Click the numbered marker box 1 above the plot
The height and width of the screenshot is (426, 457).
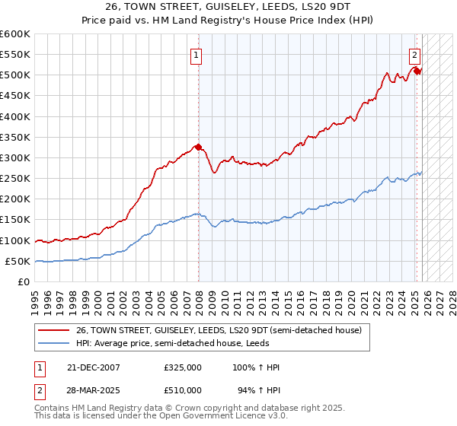pos(197,55)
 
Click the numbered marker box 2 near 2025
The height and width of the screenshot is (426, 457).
pos(414,55)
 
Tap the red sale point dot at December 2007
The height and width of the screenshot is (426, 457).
pos(199,147)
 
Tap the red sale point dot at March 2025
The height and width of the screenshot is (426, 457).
pos(417,71)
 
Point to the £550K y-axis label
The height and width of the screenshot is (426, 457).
pos(15,55)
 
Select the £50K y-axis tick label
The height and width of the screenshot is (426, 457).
pos(18,261)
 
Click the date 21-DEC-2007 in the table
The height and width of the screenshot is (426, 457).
pos(94,367)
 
